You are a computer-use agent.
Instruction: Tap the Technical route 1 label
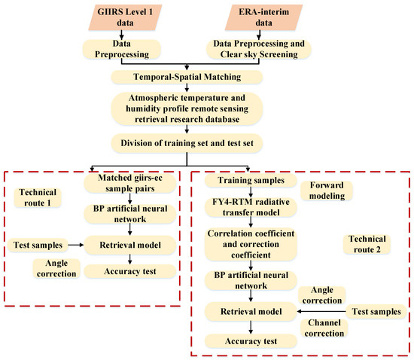coord(35,198)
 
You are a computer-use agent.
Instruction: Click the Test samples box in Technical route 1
coord(36,244)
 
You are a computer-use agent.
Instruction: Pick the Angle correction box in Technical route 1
coord(56,268)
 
